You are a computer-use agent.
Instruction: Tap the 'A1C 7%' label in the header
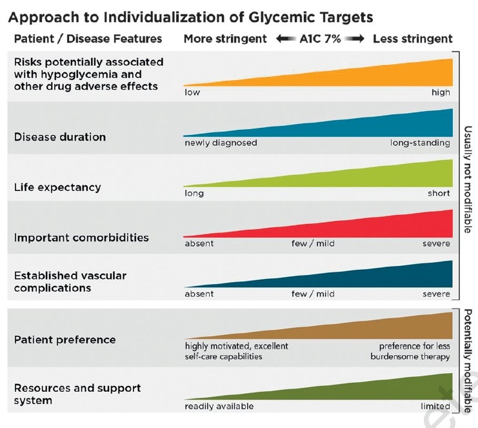coord(320,38)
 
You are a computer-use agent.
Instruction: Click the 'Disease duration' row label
coord(60,137)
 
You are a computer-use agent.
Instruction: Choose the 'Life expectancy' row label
coord(57,187)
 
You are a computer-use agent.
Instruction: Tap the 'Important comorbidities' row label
coord(81,238)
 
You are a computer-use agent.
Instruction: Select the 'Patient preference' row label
coord(65,340)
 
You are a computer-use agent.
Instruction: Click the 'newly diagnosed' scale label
coord(221,143)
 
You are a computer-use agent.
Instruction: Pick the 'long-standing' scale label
coord(420,143)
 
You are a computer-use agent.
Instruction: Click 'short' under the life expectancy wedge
coord(439,193)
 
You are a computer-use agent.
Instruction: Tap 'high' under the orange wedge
coord(441,92)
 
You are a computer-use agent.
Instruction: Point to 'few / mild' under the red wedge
coord(313,243)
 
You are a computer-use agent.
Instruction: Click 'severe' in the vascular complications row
coord(436,294)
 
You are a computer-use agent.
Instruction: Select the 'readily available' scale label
coord(219,406)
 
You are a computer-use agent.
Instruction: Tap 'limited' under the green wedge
coord(435,406)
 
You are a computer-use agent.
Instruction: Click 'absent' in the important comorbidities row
coord(199,243)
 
